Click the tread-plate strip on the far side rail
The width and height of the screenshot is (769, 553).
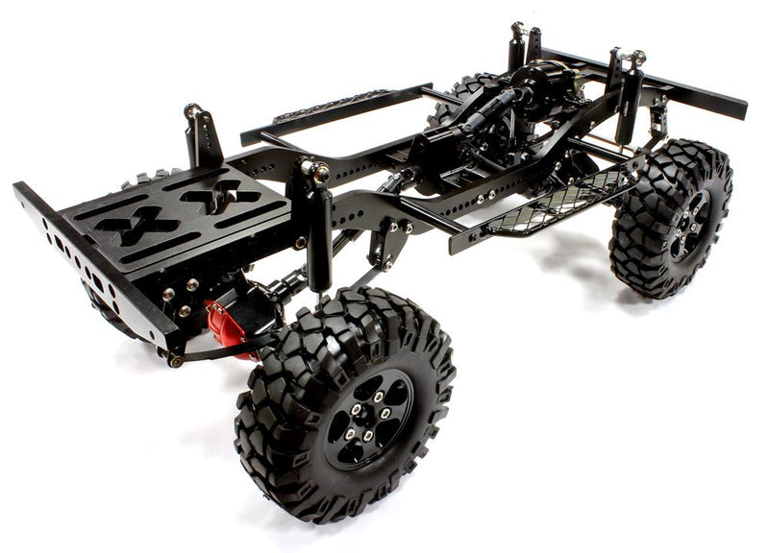pyautogui.click(x=332, y=104)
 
